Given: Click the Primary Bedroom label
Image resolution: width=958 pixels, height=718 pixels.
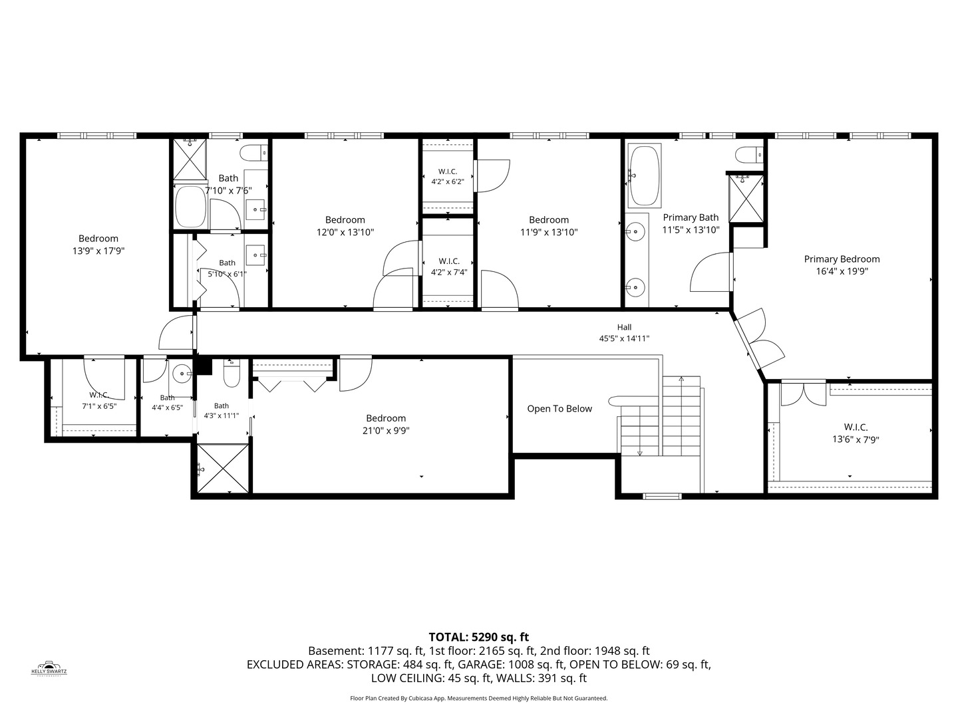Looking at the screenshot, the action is (x=842, y=259).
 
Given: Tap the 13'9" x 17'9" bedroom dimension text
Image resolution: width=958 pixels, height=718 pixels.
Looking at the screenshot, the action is (x=98, y=251).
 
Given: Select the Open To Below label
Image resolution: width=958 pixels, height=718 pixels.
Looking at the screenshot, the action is (x=559, y=409).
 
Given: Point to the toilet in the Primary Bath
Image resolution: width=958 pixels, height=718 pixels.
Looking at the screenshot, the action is (x=749, y=155).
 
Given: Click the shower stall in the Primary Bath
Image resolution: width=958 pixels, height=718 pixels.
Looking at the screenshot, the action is (x=746, y=199).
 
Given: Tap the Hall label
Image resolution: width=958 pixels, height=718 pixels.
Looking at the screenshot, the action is (x=624, y=327).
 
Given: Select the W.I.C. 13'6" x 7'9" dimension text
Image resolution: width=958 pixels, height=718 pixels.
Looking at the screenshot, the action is (x=856, y=439).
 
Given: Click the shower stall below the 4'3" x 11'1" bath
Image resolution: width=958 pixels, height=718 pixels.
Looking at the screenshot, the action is (x=223, y=469).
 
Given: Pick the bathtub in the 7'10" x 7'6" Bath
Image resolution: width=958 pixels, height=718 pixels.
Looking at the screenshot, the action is (x=191, y=207).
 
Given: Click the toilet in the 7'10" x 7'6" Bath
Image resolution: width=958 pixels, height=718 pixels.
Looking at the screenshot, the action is (x=253, y=153).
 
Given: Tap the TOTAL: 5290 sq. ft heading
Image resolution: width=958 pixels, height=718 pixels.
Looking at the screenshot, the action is (x=479, y=638).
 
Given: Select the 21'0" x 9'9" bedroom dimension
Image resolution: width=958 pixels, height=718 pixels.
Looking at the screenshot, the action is (x=386, y=431).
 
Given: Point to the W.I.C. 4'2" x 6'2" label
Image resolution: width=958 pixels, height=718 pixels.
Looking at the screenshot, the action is (x=448, y=177).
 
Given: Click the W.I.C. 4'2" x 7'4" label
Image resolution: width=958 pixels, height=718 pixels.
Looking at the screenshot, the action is (x=448, y=267).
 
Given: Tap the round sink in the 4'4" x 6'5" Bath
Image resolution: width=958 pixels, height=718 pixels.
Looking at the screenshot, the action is (x=181, y=373).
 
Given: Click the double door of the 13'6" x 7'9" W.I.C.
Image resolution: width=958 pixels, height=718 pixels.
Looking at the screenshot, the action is (x=803, y=393).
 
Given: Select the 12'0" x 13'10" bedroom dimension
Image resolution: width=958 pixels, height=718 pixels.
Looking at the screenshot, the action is (x=345, y=233).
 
